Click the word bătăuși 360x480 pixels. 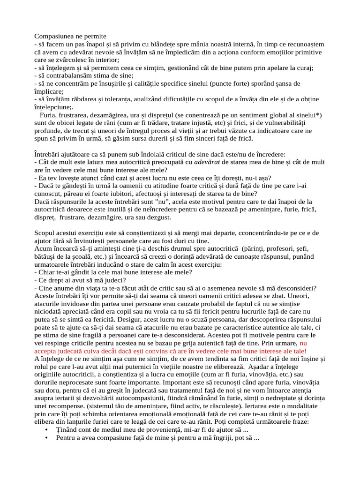48,257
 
